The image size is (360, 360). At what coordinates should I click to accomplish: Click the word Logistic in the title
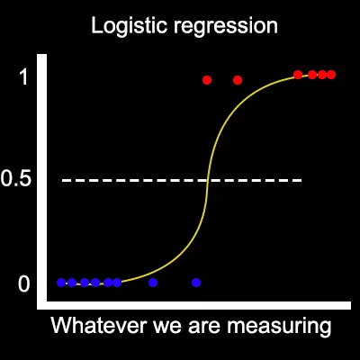click(x=129, y=25)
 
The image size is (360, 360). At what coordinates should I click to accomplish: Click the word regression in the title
click(x=226, y=27)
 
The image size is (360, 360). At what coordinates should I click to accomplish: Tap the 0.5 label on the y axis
click(x=16, y=179)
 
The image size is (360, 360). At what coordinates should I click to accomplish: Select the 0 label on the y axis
click(x=24, y=284)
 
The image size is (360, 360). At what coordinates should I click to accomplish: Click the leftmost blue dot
click(x=61, y=283)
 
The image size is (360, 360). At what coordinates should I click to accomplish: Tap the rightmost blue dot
click(x=196, y=283)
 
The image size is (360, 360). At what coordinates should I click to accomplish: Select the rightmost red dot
click(x=331, y=75)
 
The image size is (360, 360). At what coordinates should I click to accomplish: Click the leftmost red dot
click(x=207, y=80)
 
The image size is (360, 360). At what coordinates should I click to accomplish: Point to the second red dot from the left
click(x=238, y=80)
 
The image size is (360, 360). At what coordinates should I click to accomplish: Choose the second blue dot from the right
click(x=153, y=283)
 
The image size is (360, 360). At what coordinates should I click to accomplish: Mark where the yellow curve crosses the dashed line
click(x=208, y=180)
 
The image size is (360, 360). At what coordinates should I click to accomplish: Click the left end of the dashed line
click(x=62, y=180)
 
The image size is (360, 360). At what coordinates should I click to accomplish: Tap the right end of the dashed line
click(x=301, y=180)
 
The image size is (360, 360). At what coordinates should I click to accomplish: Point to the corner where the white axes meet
click(x=42, y=305)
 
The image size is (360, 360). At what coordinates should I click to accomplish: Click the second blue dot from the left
click(x=72, y=283)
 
